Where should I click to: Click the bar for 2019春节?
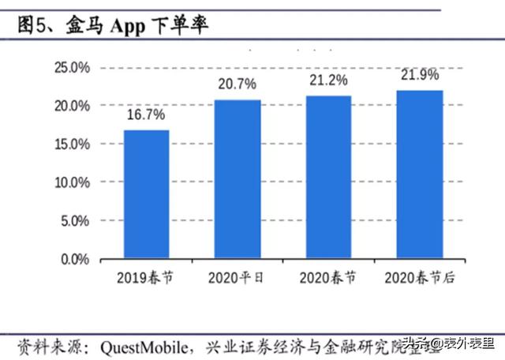point(146,194)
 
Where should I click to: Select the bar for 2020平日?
point(238,179)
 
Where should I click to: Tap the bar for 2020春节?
point(328,177)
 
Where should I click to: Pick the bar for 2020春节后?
point(419,174)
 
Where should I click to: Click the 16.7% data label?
point(146,115)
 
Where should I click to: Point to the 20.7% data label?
point(238,84)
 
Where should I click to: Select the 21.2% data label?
point(328,80)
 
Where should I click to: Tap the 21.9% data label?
point(419,74)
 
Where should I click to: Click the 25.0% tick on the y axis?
point(72,68)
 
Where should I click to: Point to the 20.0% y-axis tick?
point(72,106)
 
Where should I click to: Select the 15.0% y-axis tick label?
point(72,144)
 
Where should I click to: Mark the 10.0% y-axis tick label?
point(72,182)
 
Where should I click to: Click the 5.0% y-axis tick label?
point(75,221)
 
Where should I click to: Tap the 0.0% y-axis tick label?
point(75,259)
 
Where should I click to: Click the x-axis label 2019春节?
point(146,278)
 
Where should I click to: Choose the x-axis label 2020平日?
point(238,278)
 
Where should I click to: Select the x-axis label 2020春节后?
point(419,278)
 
